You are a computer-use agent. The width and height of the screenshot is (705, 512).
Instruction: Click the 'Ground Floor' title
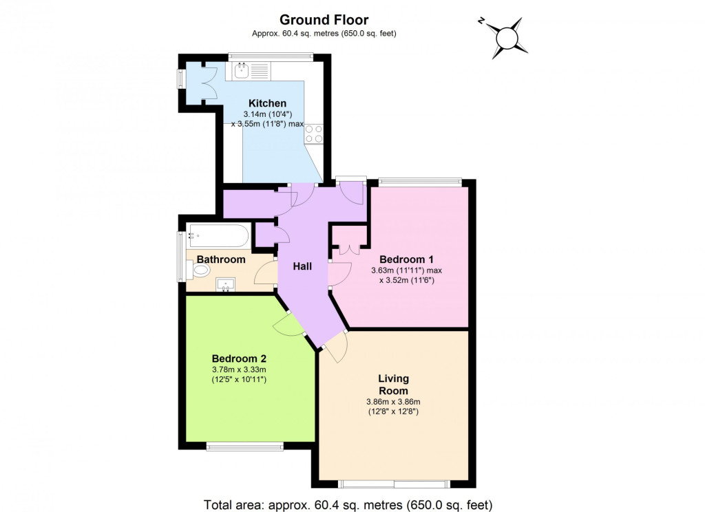click(324, 20)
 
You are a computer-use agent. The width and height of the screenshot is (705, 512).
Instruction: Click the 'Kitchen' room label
click(267, 103)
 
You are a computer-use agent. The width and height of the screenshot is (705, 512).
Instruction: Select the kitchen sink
click(242, 70)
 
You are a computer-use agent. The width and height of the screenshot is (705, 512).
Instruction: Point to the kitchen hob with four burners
click(314, 134)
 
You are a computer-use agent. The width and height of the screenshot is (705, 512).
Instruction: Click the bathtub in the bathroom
click(218, 236)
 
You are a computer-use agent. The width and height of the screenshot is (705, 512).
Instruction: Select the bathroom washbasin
click(226, 284)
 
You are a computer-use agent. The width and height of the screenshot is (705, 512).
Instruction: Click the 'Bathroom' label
click(221, 259)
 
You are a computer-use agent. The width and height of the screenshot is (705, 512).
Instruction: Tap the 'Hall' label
click(302, 266)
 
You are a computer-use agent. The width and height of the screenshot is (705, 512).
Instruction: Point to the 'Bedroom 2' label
click(239, 359)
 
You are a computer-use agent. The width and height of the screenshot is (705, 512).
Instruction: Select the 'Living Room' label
click(393, 385)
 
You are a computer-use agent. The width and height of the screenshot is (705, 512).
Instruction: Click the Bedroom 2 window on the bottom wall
click(244, 447)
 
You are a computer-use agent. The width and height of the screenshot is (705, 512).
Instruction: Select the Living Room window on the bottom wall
click(395, 483)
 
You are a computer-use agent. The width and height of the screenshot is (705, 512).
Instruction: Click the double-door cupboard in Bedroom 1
click(349, 248)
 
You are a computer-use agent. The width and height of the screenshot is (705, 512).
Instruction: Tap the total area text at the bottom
click(348, 504)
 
